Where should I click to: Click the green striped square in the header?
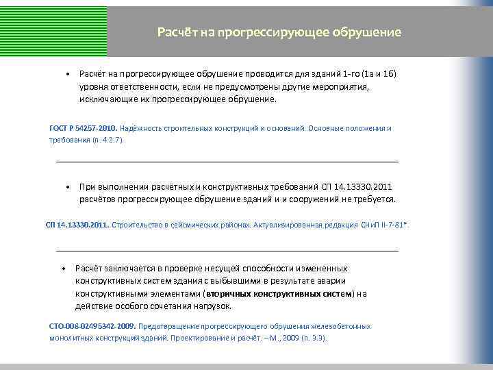53,28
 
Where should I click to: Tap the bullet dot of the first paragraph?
68,73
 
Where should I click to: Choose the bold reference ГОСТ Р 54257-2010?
84,128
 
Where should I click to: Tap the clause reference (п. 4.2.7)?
106,140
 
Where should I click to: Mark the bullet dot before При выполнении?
68,187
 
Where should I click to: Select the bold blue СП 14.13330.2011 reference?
77,224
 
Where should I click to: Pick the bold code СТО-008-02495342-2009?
92,326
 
